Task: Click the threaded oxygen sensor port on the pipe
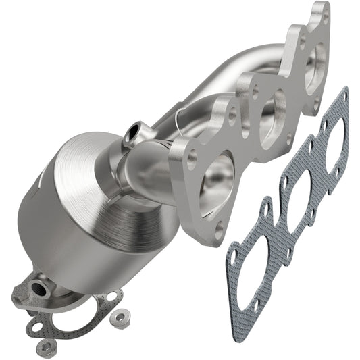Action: [134, 130]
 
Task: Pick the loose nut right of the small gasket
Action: [120, 315]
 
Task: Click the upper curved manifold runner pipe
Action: [223, 68]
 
